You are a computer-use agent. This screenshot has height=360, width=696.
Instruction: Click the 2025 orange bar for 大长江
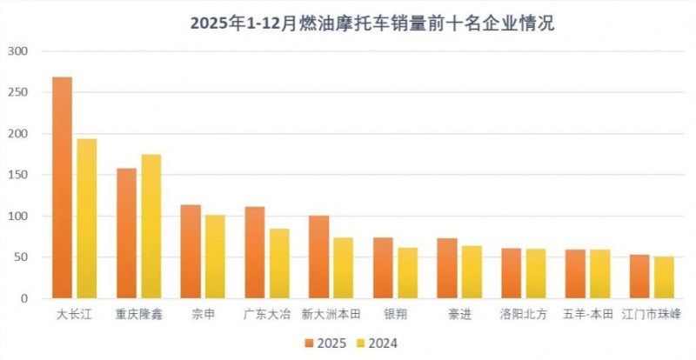pos(62,188)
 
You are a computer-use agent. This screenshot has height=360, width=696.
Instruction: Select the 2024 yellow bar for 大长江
pos(86,218)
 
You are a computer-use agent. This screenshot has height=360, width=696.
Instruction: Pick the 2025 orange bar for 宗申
pos(191,251)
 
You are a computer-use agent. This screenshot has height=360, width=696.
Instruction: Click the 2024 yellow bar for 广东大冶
pos(279,263)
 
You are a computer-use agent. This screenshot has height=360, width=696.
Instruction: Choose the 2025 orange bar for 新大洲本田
pos(319,257)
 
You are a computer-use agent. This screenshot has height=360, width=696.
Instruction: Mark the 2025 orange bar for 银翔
pos(383,268)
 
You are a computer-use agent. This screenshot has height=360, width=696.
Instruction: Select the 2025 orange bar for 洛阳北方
pos(511,273)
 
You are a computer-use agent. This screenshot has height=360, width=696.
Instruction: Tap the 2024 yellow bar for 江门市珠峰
pos(664,277)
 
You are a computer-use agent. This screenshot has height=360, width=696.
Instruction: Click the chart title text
pos(348,23)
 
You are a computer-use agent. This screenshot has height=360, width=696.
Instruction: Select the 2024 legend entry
pos(374,343)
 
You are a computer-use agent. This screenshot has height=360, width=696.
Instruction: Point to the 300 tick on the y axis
pos(18,51)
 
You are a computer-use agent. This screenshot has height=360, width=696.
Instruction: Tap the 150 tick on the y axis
pos(18,175)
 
